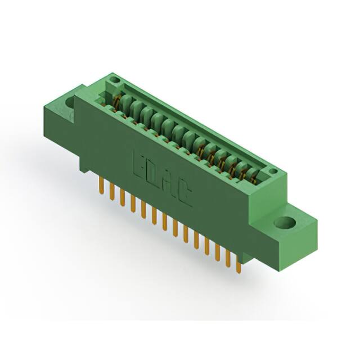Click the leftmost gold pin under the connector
click(x=101, y=183)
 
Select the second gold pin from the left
click(x=111, y=190)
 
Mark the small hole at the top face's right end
click(x=273, y=171)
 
